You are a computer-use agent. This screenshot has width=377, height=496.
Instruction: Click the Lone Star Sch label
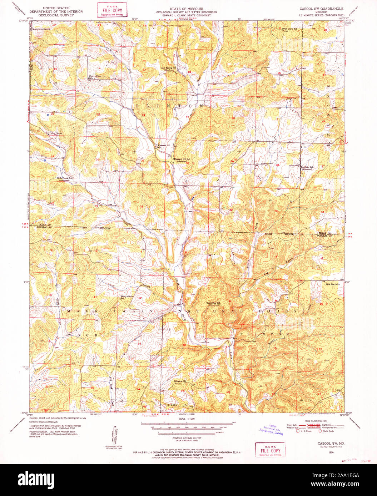[213, 304]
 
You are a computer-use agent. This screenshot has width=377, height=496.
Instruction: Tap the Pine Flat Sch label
[332, 284]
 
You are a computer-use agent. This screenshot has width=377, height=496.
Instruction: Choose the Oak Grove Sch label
[290, 29]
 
